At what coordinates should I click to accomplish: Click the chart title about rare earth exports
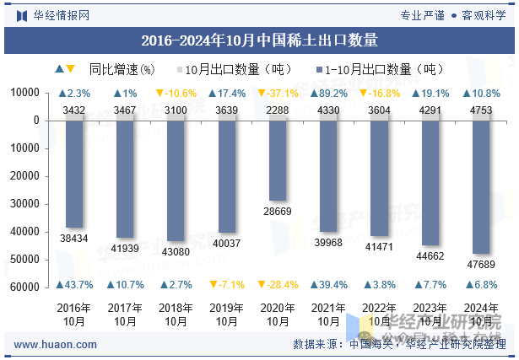259,40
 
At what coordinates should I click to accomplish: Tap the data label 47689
480,265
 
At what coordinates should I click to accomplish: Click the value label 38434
75,239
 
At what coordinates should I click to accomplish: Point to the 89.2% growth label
328,94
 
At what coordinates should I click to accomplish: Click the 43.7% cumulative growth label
75,285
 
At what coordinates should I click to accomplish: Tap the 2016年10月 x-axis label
75,314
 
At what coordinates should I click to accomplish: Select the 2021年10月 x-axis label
328,314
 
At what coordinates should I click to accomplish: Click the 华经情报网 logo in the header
52,14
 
